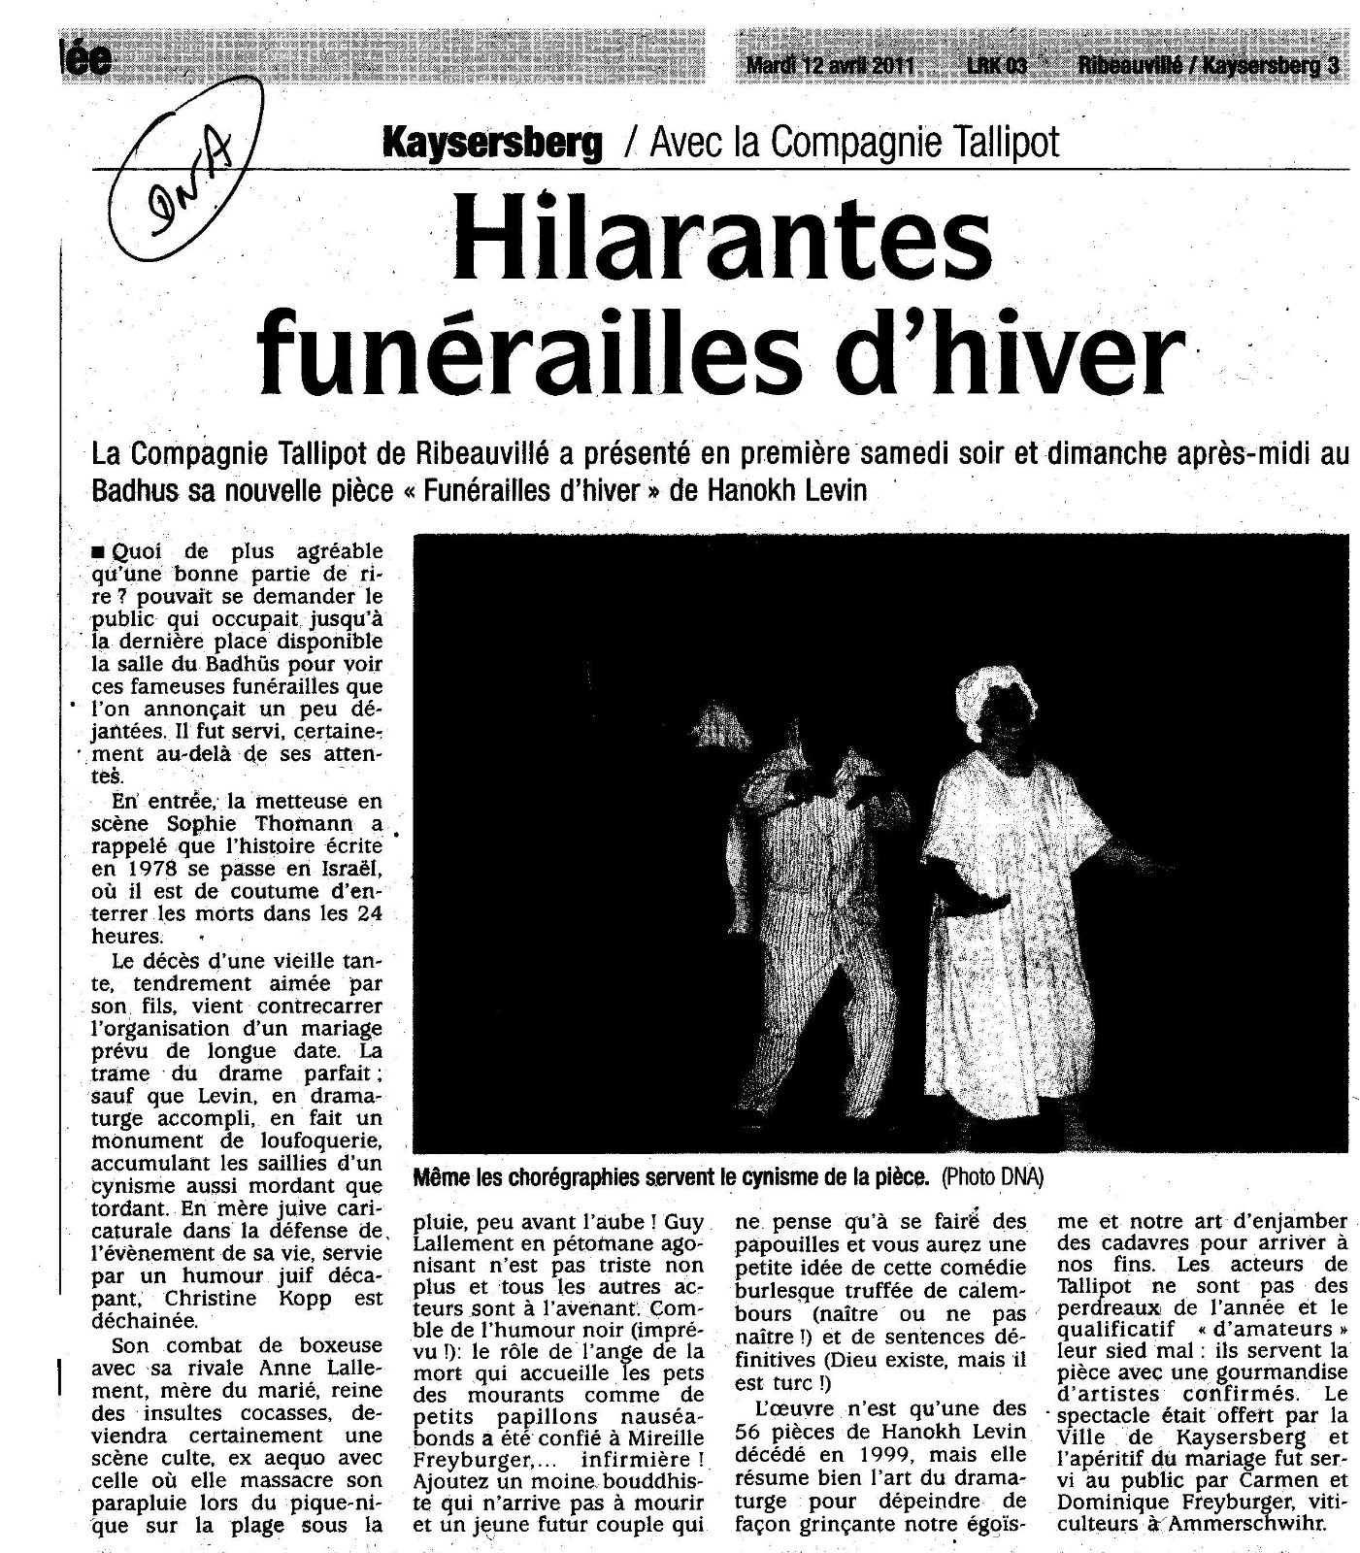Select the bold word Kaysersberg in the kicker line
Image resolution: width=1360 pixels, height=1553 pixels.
[x=493, y=144]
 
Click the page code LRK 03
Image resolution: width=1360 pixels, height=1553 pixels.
[x=996, y=66]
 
